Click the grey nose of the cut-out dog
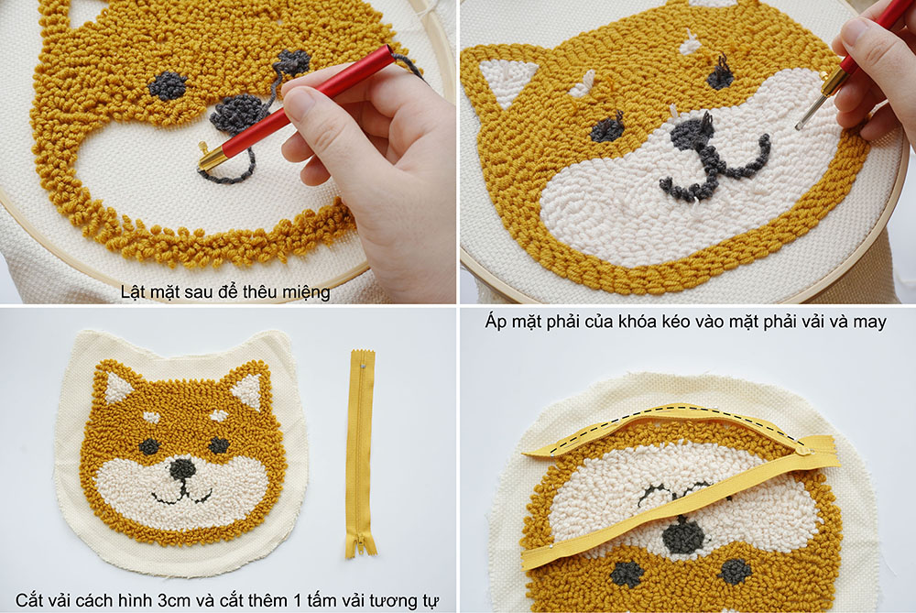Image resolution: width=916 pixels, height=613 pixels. click(182, 467)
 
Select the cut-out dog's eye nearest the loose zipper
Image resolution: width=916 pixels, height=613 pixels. click(219, 446)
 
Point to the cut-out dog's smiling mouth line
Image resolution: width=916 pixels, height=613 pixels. click(181, 496)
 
